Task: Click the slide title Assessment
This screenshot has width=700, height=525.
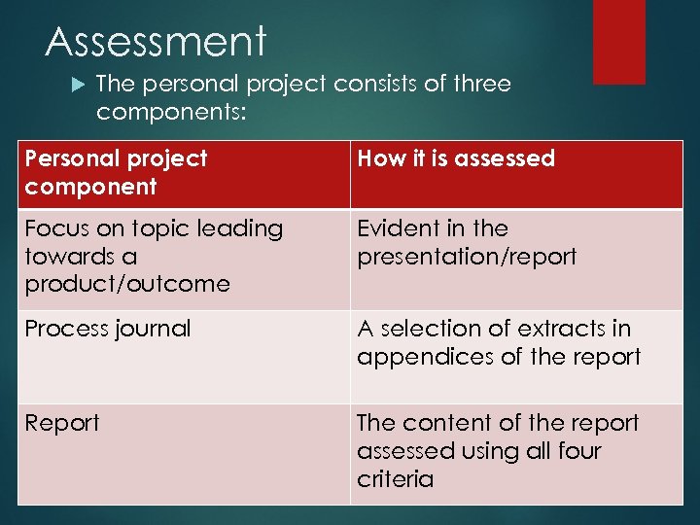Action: [x=156, y=42]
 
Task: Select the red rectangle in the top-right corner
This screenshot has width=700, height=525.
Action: [x=619, y=42]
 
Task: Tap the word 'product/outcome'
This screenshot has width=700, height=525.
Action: [x=127, y=284]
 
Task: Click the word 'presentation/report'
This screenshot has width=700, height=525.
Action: [x=467, y=257]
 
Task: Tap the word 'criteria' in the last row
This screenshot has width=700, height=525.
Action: [x=395, y=478]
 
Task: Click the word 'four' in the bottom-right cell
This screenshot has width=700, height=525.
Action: [x=579, y=451]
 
